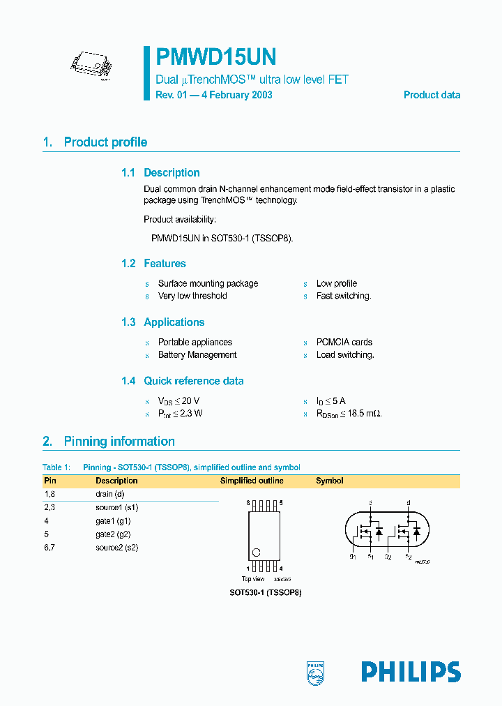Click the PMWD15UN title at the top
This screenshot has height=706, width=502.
tap(216, 57)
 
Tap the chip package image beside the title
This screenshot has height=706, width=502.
tap(91, 66)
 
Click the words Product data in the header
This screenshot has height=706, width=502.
tap(432, 95)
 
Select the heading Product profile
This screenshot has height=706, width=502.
tap(105, 142)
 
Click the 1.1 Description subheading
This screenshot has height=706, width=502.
tap(172, 173)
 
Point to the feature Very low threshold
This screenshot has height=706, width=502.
tap(192, 296)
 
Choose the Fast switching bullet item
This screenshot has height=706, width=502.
tap(344, 296)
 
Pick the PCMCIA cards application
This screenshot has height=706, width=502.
tap(344, 343)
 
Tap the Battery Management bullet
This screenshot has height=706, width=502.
tap(197, 355)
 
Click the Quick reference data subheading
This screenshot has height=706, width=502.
tap(194, 381)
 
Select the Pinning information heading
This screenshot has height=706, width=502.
tap(119, 442)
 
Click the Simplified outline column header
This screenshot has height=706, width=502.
tap(252, 481)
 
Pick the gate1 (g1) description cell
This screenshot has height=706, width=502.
tap(113, 520)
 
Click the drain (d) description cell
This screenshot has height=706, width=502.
tap(109, 494)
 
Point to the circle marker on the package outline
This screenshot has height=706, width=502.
tap(256, 553)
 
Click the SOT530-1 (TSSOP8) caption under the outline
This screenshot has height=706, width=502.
tap(265, 592)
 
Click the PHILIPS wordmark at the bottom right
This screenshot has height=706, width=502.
tap(411, 672)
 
